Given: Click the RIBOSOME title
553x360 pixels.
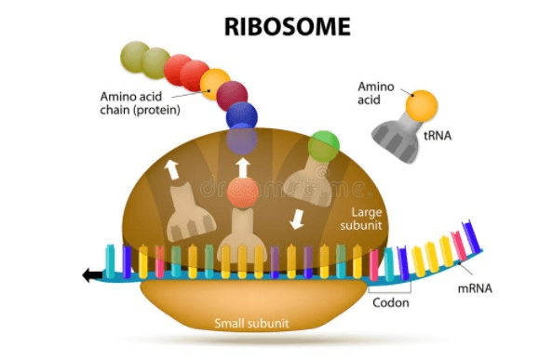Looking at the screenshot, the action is tap(288, 27).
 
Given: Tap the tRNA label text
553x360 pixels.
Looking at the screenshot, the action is tap(438, 136).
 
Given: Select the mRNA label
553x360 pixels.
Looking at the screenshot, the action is tap(475, 289).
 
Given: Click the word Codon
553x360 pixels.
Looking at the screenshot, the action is tap(391, 303).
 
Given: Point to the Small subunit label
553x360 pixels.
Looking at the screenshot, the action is tap(251, 324).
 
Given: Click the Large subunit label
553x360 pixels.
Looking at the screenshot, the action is tap(361, 219).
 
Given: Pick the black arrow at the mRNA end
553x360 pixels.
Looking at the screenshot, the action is tap(92, 274).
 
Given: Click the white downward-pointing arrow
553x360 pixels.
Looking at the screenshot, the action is tap(297, 220).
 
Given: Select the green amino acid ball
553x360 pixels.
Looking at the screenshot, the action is tap(323, 147).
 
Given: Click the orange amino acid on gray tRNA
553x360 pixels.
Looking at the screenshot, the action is tap(422, 106).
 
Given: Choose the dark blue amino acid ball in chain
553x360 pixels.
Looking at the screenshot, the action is tap(242, 116).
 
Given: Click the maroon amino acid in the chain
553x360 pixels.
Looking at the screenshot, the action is tap(232, 95).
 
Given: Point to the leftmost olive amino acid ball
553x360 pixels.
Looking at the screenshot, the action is tap(134, 57).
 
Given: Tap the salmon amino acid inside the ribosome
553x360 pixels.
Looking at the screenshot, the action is tap(243, 193).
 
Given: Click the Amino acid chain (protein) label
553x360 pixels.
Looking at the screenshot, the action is tap(141, 103).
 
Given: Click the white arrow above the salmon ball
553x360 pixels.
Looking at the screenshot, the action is tap(243, 168).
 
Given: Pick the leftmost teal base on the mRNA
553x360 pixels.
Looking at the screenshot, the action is tap(110, 261).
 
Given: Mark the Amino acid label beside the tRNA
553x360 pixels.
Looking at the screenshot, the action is tap(375, 93).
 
